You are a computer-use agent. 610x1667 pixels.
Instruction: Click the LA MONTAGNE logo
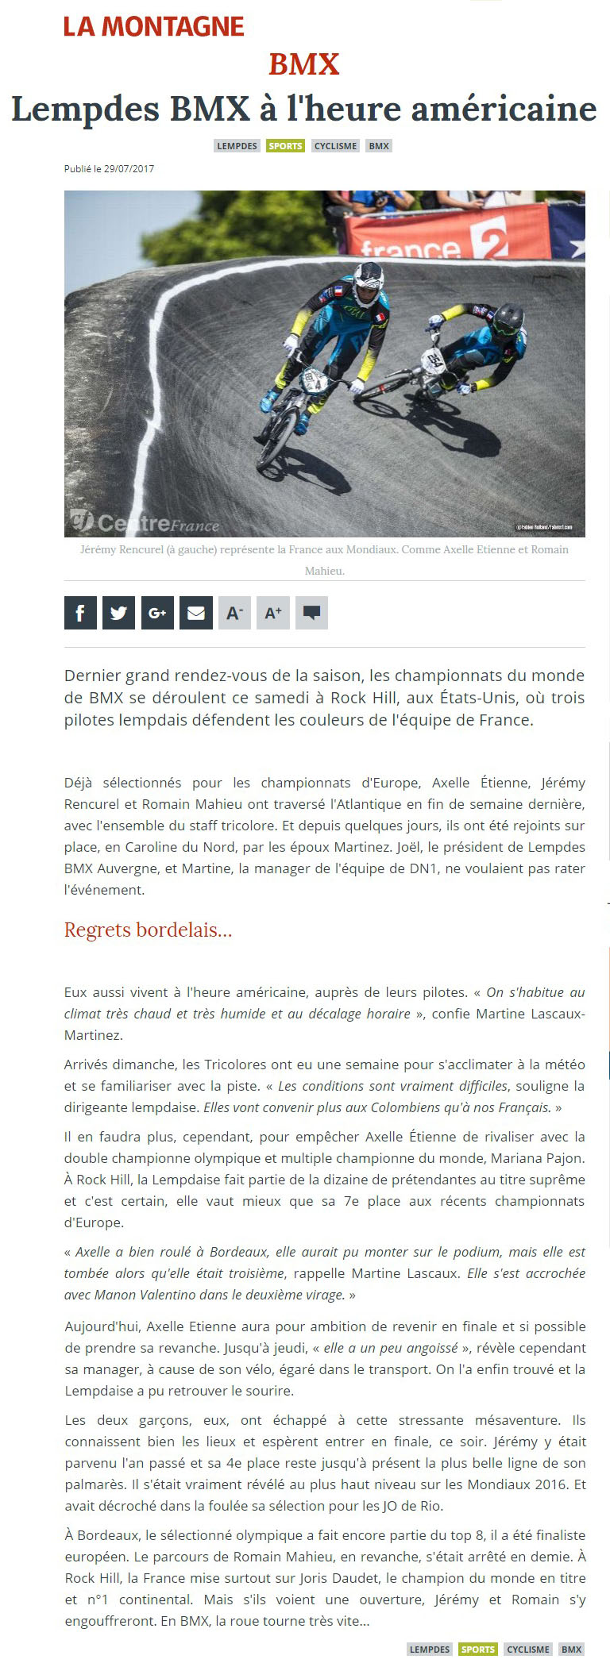[154, 27]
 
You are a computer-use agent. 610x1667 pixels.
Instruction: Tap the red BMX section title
[304, 64]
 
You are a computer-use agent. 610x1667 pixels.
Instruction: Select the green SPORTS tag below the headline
[285, 146]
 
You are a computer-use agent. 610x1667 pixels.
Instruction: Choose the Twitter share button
[118, 613]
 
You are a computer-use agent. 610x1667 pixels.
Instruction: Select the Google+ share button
[157, 613]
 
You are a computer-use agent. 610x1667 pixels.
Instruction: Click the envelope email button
[196, 613]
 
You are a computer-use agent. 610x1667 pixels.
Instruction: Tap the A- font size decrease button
[234, 613]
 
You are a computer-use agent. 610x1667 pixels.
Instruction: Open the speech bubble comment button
[312, 613]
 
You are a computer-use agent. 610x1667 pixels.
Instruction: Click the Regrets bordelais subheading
[149, 930]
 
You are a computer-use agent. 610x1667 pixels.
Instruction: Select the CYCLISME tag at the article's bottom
[528, 1649]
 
